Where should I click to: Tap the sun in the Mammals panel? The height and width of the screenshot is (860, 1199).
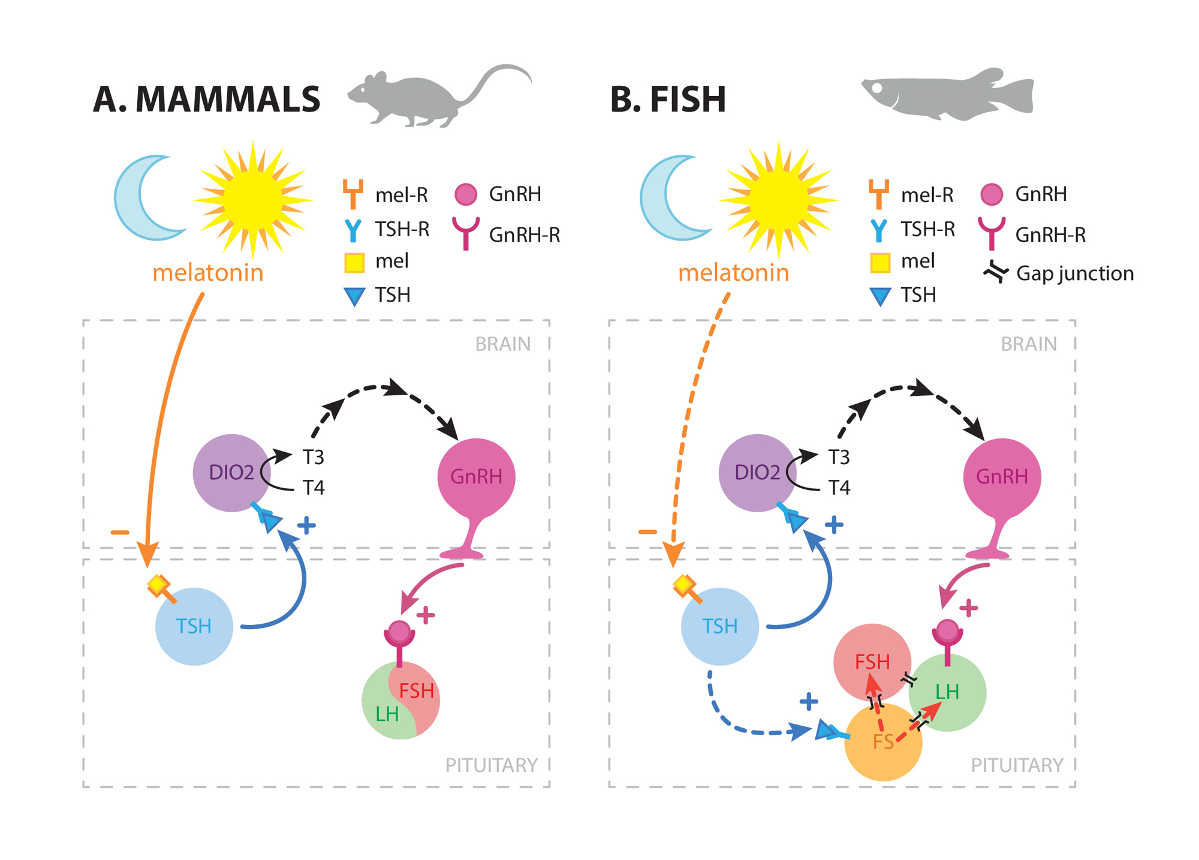[x=252, y=199]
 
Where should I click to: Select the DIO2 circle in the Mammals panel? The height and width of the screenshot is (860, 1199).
[x=231, y=473]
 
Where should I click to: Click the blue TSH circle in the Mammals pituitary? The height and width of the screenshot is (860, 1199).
[x=194, y=626]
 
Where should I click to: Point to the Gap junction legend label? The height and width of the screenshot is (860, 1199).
[x=1075, y=273]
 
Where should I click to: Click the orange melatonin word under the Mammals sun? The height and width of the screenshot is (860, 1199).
[x=207, y=273]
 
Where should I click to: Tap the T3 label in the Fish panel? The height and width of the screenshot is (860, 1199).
[x=839, y=457]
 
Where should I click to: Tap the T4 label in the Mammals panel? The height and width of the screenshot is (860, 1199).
[x=314, y=488]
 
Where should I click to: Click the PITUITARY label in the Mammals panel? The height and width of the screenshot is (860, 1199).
[x=491, y=765]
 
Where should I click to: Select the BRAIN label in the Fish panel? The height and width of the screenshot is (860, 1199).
[x=1028, y=344]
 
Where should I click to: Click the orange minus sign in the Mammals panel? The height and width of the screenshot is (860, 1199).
[x=120, y=532]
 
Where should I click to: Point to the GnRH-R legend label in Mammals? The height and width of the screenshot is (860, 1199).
[x=524, y=235]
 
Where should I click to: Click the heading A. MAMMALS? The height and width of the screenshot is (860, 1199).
[x=207, y=100]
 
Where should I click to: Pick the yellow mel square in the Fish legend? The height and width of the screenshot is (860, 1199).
[x=879, y=262]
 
